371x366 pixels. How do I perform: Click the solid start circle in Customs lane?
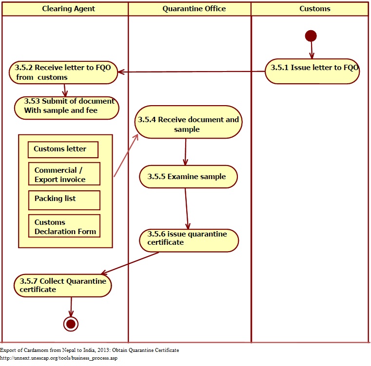point(311,36)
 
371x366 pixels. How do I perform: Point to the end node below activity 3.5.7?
point(71,324)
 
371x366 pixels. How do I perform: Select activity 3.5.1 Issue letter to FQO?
point(312,72)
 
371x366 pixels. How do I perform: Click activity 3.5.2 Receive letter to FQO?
point(63,73)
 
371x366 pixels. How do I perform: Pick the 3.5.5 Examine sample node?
point(188,177)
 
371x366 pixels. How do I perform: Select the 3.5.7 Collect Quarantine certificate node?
point(63,286)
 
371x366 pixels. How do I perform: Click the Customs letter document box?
point(63,149)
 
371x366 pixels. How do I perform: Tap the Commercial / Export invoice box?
point(64,174)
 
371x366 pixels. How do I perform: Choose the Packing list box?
point(64,200)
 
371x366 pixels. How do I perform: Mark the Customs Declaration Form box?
point(64,226)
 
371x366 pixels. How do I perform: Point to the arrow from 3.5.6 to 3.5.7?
point(129,263)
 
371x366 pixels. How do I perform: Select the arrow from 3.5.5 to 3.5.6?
point(187,209)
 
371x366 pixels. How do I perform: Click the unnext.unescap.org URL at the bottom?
point(59,358)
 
